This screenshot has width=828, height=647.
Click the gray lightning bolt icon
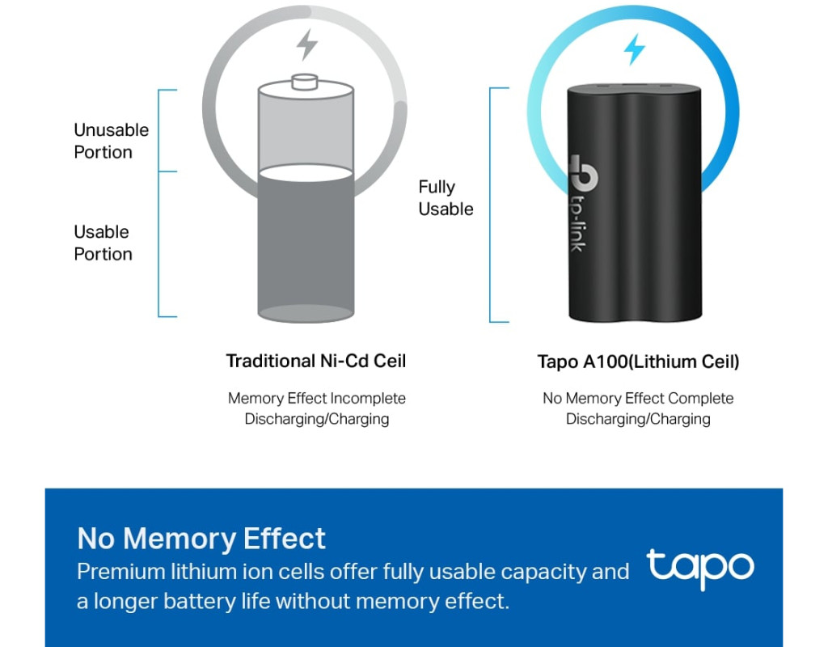pyautogui.click(x=306, y=44)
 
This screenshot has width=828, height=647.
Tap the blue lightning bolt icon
pyautogui.click(x=634, y=49)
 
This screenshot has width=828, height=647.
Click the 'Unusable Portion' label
pyautogui.click(x=111, y=141)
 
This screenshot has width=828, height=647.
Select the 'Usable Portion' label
pyautogui.click(x=103, y=243)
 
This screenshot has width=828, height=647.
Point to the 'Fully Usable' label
pyautogui.click(x=446, y=198)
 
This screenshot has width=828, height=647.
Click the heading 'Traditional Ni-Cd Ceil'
pyautogui.click(x=316, y=361)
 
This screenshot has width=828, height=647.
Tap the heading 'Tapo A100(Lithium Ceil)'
pyautogui.click(x=638, y=362)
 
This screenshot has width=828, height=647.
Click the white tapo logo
pyautogui.click(x=700, y=569)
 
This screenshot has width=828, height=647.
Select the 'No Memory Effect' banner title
pyautogui.click(x=201, y=538)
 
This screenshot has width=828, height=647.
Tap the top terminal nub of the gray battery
pyautogui.click(x=305, y=82)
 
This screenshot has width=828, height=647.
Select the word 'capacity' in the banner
pyautogui.click(x=543, y=573)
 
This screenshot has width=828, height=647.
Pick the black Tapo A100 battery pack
pyautogui.click(x=635, y=202)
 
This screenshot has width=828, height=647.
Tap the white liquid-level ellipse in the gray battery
pyautogui.click(x=306, y=173)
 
